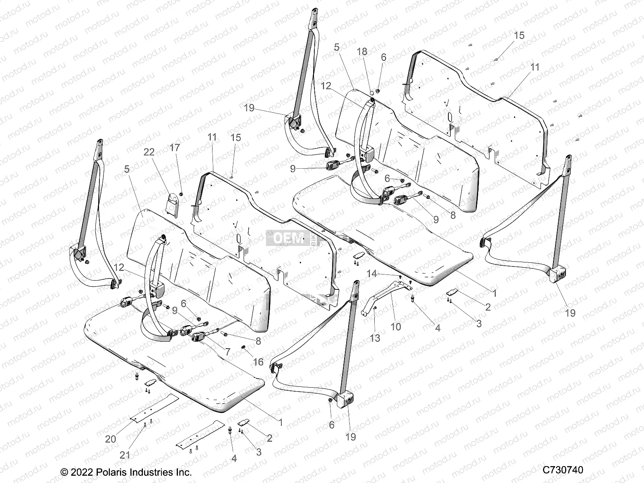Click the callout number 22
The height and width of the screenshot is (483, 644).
pos(149,152)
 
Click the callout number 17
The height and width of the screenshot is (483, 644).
pos(175,148)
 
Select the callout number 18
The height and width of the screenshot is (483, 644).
pos(362,51)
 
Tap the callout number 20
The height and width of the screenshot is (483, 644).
pos(110,439)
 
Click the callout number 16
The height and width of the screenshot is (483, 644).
pos(258,362)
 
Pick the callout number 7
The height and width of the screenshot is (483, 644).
pos(227,352)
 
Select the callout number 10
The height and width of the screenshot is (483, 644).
pos(396,326)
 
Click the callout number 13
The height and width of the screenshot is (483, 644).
pos(375,338)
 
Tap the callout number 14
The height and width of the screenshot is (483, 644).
pos(372,274)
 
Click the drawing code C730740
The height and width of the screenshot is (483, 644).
pos(563,470)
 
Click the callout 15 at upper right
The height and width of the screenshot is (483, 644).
pos(519,35)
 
